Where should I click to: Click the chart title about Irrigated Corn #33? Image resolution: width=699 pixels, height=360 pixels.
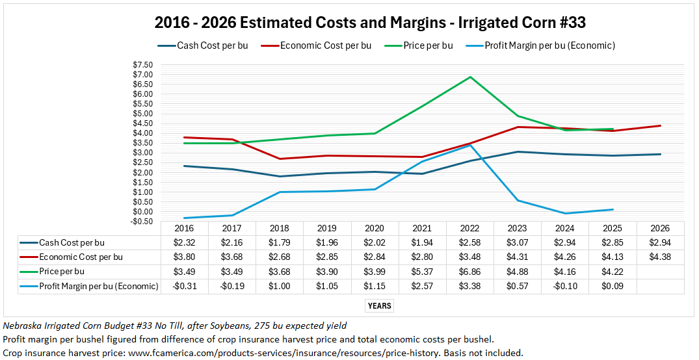(370, 23)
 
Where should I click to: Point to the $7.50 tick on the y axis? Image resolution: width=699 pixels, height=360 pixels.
(142, 65)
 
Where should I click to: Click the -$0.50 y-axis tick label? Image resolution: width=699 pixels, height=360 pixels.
(142, 222)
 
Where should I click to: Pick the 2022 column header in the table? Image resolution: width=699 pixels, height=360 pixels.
(470, 229)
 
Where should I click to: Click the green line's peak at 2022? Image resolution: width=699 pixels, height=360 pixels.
(470, 77)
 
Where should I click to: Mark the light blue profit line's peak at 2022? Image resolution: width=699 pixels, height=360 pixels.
(470, 146)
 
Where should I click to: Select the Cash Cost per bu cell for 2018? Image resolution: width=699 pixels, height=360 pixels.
(280, 242)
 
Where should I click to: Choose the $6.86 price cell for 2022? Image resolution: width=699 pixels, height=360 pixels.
(470, 271)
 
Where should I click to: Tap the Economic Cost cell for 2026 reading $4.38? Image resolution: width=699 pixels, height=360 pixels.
(661, 257)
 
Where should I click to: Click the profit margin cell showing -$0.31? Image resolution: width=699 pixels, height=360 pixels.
(184, 286)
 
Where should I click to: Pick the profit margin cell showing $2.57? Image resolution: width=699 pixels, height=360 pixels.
(423, 286)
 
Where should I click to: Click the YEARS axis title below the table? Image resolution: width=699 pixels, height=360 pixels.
(379, 305)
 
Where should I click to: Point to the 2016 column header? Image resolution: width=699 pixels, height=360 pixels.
(184, 229)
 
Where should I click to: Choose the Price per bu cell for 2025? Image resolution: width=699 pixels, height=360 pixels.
(613, 271)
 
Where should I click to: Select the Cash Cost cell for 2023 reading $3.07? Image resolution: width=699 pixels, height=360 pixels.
(518, 242)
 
